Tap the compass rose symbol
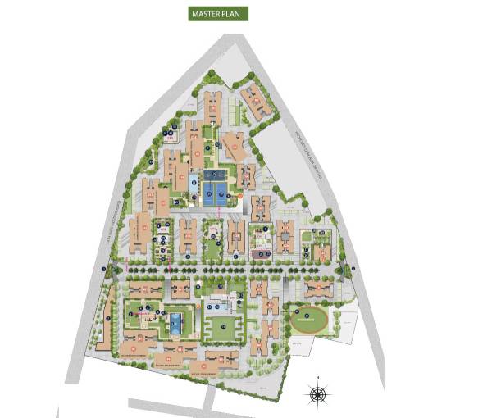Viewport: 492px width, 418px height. click(x=317, y=394)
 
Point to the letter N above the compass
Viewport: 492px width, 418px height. click(x=317, y=378)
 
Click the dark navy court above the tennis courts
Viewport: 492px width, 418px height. click(x=217, y=175)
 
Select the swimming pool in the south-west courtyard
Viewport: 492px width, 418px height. click(x=175, y=323)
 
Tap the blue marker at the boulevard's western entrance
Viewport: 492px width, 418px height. click(x=103, y=269)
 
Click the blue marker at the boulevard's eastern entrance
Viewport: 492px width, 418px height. click(x=353, y=269)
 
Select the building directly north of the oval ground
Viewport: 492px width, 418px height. click(x=317, y=289)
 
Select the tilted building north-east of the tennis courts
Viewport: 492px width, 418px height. click(x=235, y=148)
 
